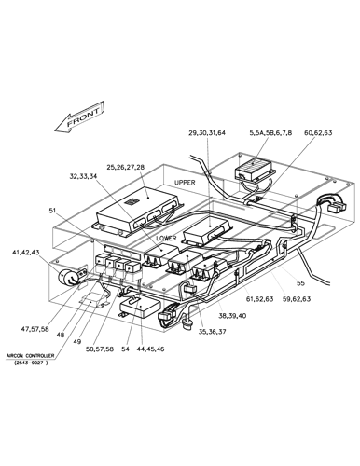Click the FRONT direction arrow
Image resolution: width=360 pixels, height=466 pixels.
pyautogui.click(x=78, y=118)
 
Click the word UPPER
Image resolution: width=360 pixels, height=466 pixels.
pyautogui.click(x=184, y=183)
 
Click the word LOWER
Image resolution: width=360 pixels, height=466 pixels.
pyautogui.click(x=166, y=238)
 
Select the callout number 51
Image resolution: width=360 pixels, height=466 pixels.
pyautogui.click(x=53, y=211)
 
